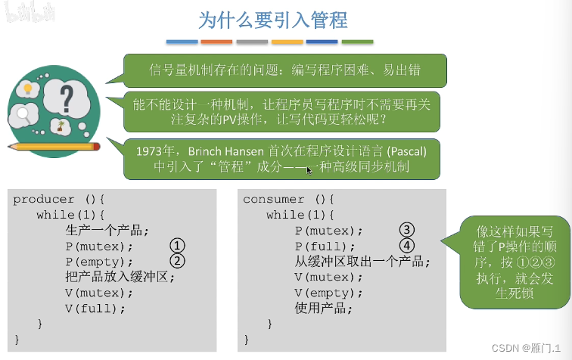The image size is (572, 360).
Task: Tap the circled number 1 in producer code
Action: (x=176, y=247)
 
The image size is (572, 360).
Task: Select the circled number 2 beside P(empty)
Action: (x=176, y=262)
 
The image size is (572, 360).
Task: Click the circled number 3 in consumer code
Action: (x=407, y=230)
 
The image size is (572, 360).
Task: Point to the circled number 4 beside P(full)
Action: (x=407, y=246)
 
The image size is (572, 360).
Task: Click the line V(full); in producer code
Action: (x=95, y=308)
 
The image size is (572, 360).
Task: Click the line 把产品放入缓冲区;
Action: (x=120, y=277)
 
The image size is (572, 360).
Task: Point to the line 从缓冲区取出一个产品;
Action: (x=362, y=262)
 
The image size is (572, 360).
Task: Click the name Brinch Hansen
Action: (x=227, y=151)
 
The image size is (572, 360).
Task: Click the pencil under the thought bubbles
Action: (x=53, y=146)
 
